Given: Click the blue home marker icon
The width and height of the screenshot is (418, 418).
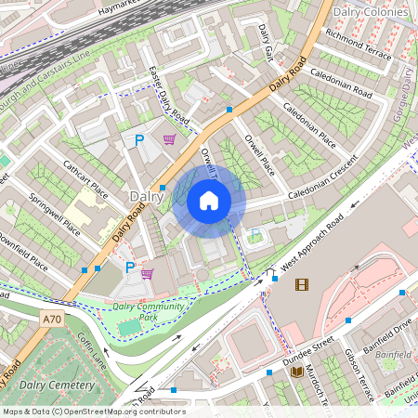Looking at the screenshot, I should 209,201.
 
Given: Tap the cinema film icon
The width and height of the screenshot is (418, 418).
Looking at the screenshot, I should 301,284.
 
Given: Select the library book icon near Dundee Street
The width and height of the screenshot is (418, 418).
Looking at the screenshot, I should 297,372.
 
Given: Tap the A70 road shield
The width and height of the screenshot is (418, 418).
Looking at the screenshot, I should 53,318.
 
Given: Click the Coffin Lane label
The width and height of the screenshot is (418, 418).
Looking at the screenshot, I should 93,350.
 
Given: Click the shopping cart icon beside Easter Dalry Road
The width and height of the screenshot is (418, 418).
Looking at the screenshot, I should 170,140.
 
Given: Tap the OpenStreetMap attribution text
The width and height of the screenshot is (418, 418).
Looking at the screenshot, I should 94,411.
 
